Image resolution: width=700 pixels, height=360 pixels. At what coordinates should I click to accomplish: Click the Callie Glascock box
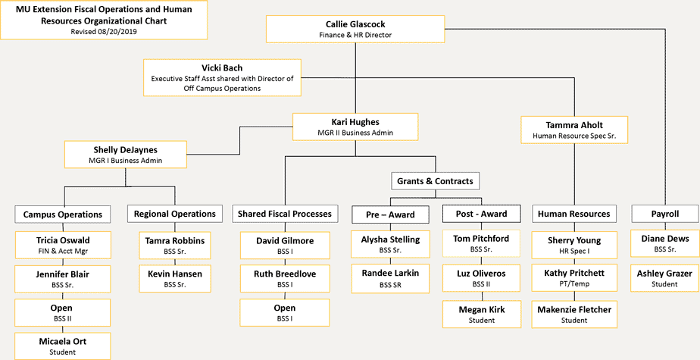[x=355, y=29]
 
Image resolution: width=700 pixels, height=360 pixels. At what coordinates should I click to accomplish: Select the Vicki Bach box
[x=222, y=77]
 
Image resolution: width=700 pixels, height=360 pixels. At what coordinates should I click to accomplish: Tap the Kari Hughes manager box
[x=355, y=127]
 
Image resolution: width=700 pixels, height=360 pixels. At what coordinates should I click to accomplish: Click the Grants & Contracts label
[x=435, y=181]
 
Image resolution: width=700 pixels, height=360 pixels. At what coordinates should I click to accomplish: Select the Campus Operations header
[x=63, y=214]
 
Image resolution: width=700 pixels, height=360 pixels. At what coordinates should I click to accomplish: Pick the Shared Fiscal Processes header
[x=285, y=214]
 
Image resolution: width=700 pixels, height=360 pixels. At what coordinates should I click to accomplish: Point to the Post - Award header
[x=481, y=214]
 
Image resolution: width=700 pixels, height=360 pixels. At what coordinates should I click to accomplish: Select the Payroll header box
[x=665, y=214]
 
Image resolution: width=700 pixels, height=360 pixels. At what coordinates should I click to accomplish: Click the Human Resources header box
[x=573, y=214]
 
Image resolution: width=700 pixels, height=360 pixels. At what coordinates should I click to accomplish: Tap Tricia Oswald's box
[x=63, y=245]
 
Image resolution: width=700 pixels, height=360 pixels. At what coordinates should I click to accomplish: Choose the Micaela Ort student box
[x=63, y=346]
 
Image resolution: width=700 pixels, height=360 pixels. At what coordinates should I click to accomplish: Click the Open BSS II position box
[x=63, y=312]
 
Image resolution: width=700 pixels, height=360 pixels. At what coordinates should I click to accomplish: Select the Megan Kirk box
[x=481, y=314]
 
